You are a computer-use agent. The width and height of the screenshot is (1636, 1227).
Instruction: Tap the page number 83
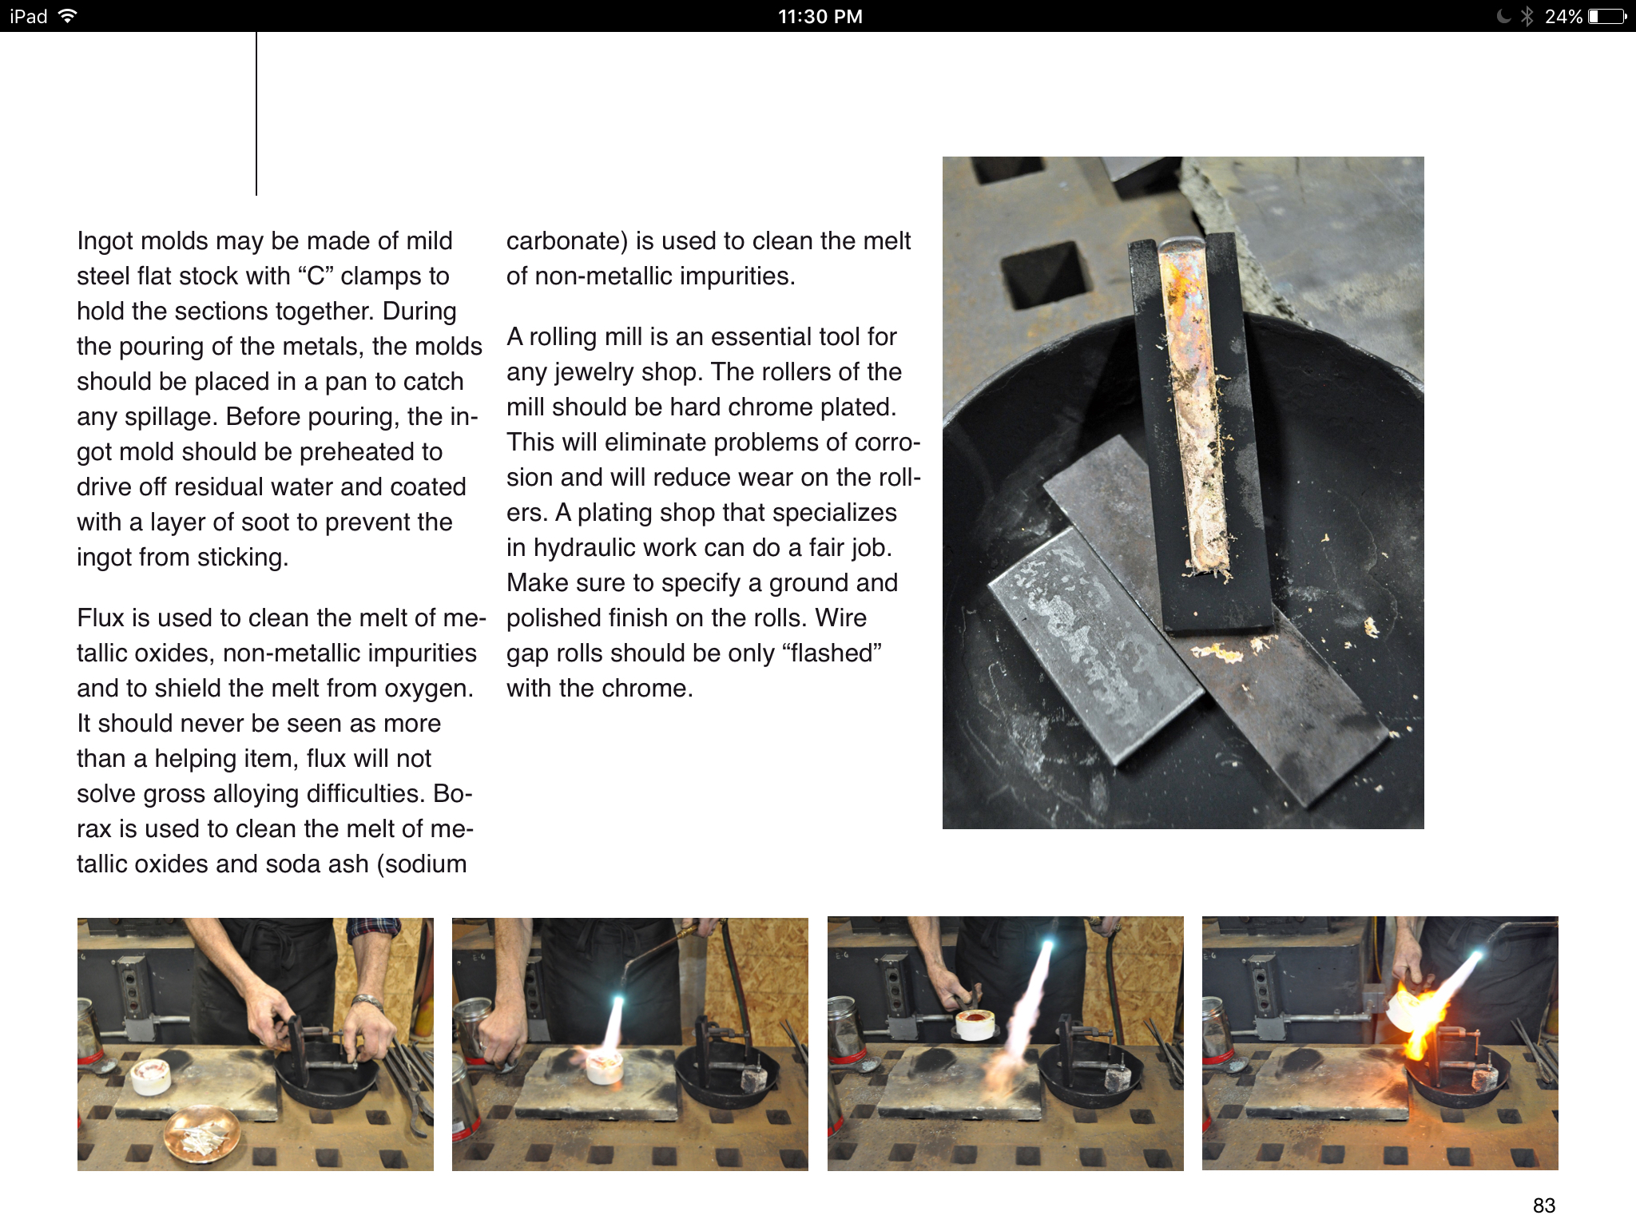(1543, 1205)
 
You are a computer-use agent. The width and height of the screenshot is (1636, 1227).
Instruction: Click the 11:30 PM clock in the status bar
(820, 17)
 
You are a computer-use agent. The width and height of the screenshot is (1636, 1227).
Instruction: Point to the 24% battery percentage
(1563, 17)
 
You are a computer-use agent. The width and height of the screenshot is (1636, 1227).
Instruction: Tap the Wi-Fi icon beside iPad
(68, 16)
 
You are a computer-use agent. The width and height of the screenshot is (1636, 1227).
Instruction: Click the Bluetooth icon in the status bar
(1527, 16)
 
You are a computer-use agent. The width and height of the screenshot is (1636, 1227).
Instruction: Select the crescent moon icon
(1503, 16)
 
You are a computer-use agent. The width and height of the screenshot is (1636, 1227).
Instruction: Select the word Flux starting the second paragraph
(100, 617)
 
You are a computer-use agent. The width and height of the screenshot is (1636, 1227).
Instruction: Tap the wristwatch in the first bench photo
(367, 1002)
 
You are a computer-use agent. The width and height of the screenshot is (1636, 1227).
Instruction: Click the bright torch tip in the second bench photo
(617, 1002)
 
